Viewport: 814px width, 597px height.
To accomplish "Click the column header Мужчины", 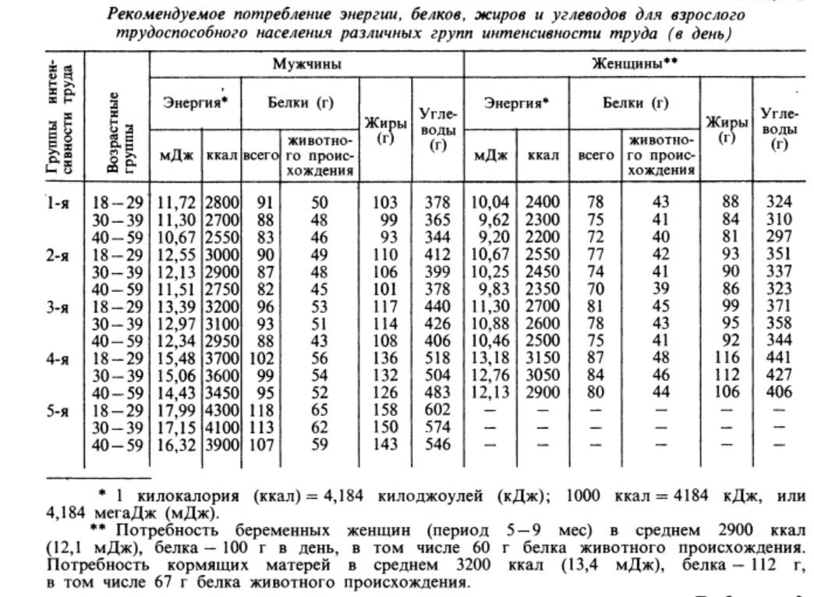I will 306,66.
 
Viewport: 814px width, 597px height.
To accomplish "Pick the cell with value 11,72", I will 179,203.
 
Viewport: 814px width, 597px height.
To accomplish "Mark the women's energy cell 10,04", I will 490,203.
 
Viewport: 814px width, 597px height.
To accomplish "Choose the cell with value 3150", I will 543,361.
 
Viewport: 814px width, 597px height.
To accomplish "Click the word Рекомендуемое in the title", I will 160,15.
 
